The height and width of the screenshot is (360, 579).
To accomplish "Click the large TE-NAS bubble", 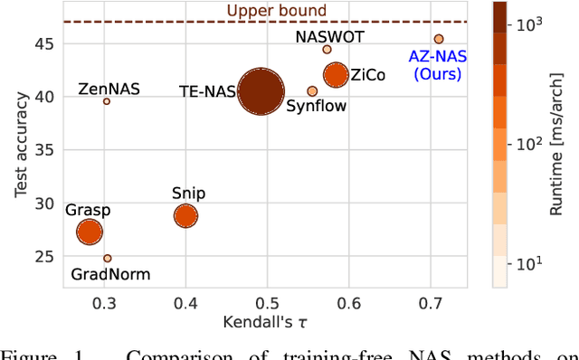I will pos(261,91).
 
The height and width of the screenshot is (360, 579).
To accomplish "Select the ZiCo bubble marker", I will pos(336,75).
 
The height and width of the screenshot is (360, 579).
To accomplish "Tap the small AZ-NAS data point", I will pos(439,39).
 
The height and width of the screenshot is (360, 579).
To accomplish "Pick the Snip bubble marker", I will pos(185,215).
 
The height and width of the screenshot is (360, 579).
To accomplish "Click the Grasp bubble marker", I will pos(89,232).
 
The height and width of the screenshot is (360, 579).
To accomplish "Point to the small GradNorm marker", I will pos(107,258).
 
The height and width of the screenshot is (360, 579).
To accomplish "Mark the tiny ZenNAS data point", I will pos(106,101).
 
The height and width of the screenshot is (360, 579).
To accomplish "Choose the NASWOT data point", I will pos(327,50).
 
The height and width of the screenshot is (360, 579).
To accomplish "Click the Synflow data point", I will pos(312,91).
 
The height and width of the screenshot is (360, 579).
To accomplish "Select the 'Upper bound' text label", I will pos(264,11).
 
